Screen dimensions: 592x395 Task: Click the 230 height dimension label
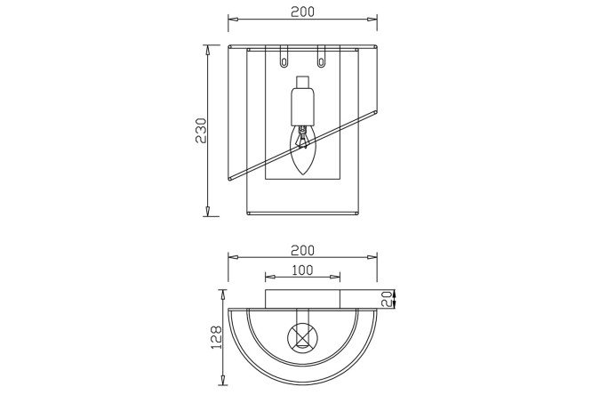coord(201,131)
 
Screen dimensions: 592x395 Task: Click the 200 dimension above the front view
coord(302,12)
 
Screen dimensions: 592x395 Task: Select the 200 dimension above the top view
coord(302,250)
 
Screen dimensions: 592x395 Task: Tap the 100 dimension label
coord(302,270)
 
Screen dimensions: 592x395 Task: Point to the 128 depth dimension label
coord(216,337)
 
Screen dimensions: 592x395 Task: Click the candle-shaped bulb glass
coord(303,150)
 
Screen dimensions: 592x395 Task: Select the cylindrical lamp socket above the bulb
coord(303,107)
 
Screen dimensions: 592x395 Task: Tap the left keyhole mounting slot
coord(284,57)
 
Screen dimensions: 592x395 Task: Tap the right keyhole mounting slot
coord(321,57)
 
